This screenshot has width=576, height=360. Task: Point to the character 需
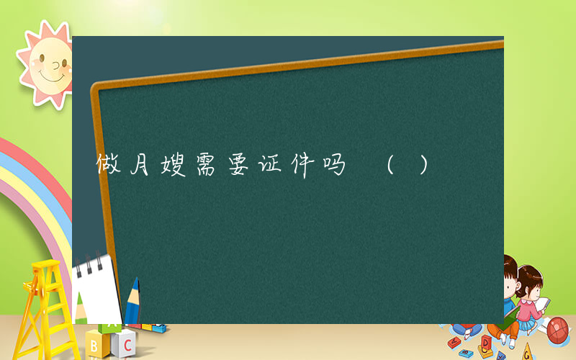click(x=210, y=167)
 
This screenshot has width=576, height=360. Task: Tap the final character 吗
click(x=336, y=167)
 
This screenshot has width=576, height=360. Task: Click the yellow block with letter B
click(x=96, y=345)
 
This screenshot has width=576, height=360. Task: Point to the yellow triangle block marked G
click(x=528, y=352)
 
